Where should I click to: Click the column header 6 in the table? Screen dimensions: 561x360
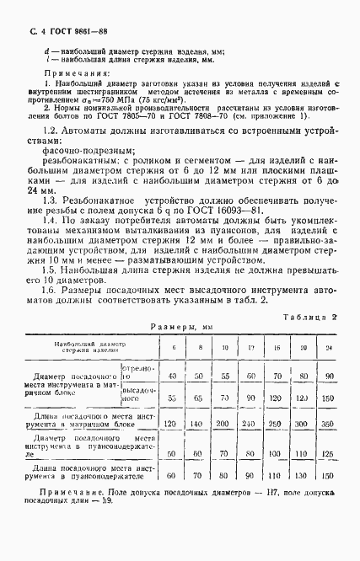pyautogui.click(x=173, y=346)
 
